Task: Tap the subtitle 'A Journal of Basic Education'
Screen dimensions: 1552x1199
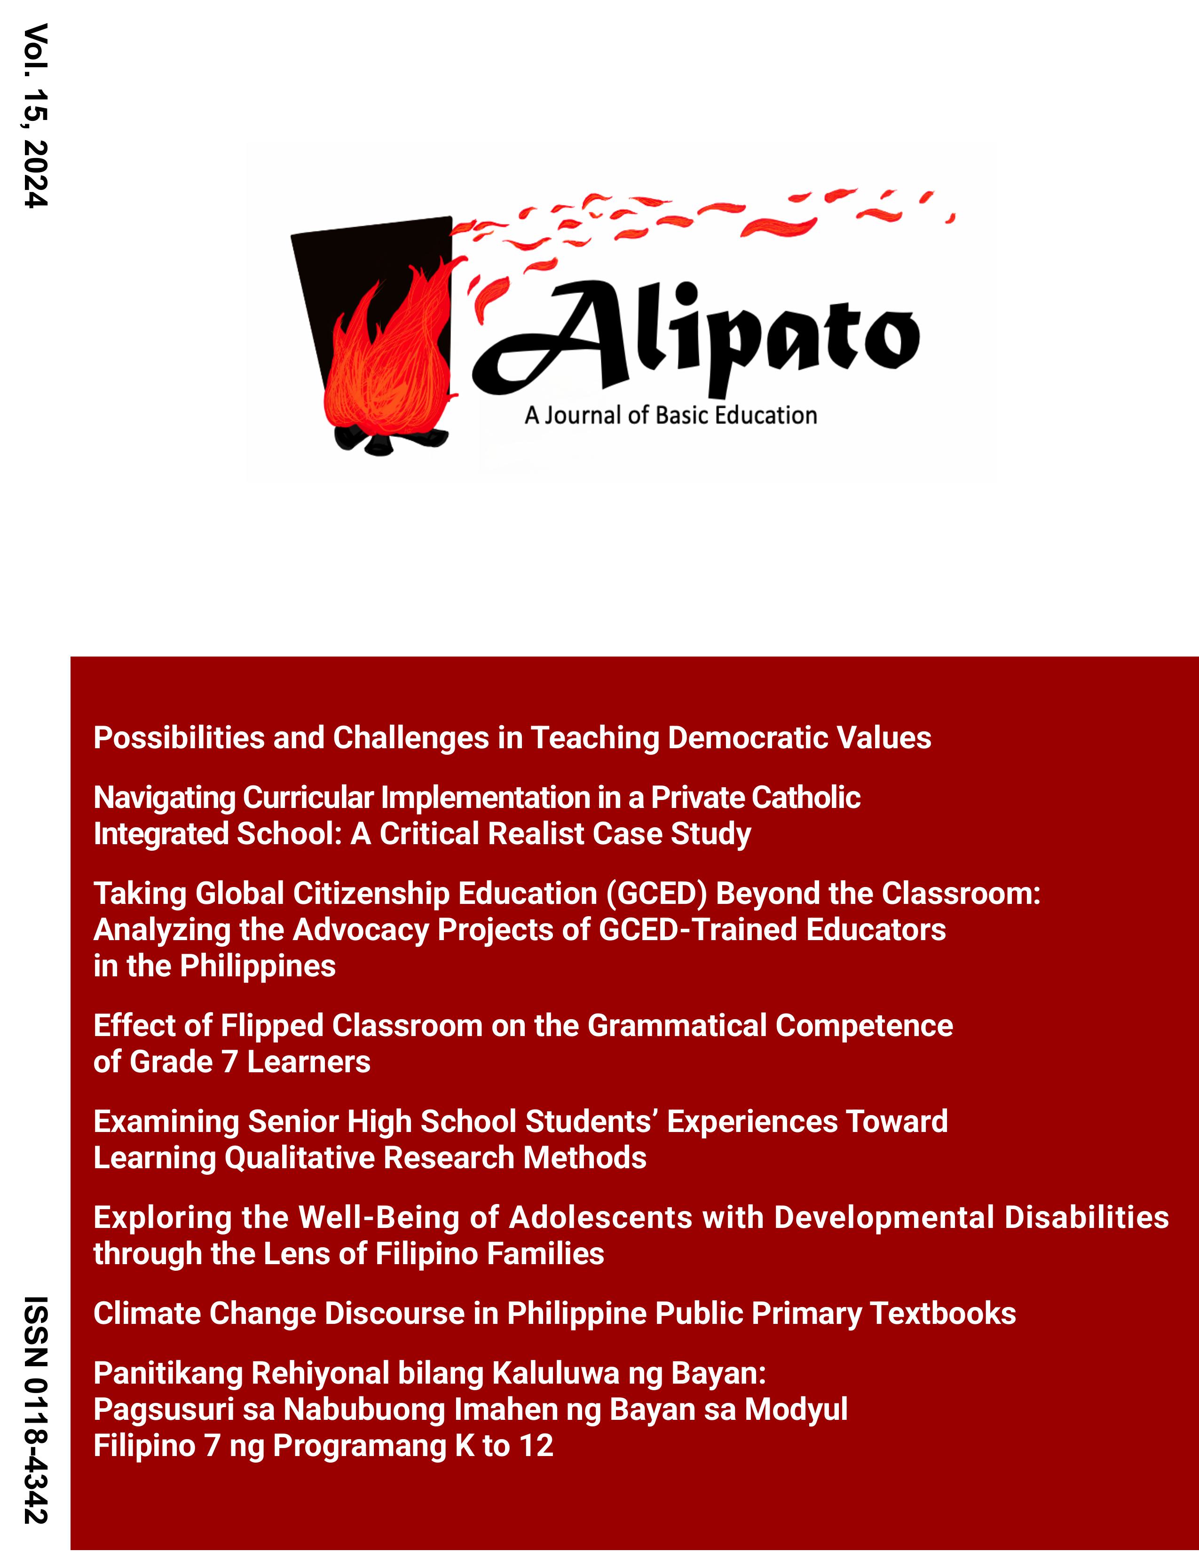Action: (x=670, y=415)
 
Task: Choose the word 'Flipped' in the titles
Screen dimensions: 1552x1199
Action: (x=272, y=1026)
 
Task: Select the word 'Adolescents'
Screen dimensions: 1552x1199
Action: (x=600, y=1218)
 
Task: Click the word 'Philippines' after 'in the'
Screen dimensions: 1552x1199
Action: (x=258, y=966)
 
